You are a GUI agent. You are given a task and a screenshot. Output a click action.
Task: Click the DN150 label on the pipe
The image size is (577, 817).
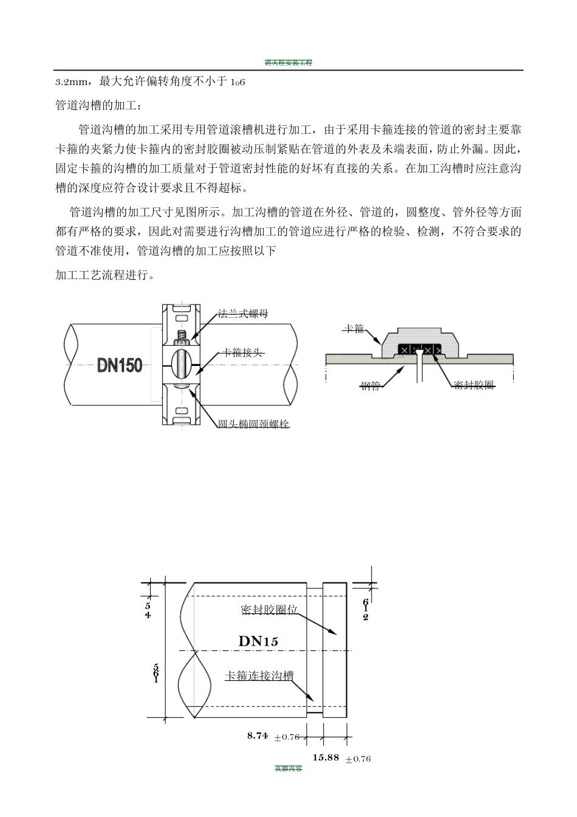tap(120, 365)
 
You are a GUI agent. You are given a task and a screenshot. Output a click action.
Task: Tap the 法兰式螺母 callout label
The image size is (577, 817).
tap(243, 314)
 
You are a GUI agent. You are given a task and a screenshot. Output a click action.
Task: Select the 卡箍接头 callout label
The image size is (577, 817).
tap(243, 353)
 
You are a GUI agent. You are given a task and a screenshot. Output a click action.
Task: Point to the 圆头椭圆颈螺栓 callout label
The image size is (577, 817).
tap(254, 424)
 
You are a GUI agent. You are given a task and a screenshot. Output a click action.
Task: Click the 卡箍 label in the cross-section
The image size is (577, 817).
tap(352, 329)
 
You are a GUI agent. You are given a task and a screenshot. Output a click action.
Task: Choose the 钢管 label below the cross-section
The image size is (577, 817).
tap(370, 386)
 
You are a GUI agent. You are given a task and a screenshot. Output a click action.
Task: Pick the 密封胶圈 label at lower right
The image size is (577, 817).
tap(474, 385)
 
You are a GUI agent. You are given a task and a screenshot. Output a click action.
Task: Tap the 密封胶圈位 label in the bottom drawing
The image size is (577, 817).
tap(269, 610)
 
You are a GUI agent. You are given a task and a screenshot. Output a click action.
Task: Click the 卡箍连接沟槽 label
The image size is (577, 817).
tap(259, 676)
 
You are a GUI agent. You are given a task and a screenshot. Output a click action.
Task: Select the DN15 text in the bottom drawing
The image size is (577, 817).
tap(258, 641)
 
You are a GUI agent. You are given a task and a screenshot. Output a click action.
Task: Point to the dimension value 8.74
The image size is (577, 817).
tap(258, 736)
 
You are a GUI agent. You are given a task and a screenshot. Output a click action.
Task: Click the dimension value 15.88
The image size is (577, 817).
tap(326, 757)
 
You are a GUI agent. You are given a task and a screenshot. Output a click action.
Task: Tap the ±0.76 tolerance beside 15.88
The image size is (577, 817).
tap(358, 759)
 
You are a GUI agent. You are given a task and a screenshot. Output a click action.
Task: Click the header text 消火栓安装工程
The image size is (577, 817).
tap(288, 63)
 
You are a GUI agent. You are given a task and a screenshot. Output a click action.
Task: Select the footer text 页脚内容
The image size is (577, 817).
tap(288, 768)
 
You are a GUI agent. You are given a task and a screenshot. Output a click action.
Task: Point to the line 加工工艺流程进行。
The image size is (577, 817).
tap(104, 275)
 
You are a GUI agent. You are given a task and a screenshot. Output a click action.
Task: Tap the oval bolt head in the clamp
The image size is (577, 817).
tap(182, 365)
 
